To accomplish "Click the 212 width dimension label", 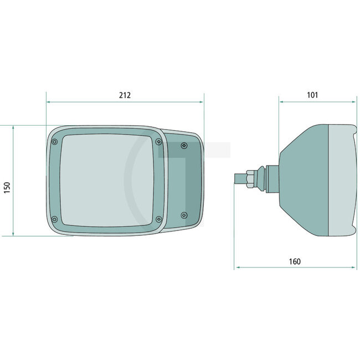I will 125,95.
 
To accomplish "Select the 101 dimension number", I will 312,95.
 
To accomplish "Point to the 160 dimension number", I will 295,261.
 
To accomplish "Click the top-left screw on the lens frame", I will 54,142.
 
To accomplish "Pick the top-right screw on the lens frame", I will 158,141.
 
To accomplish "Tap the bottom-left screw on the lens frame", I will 54,220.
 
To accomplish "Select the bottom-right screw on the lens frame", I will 158,220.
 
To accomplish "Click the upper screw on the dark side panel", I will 184,145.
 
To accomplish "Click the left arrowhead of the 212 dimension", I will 49,102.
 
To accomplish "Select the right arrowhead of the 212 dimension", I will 202,102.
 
